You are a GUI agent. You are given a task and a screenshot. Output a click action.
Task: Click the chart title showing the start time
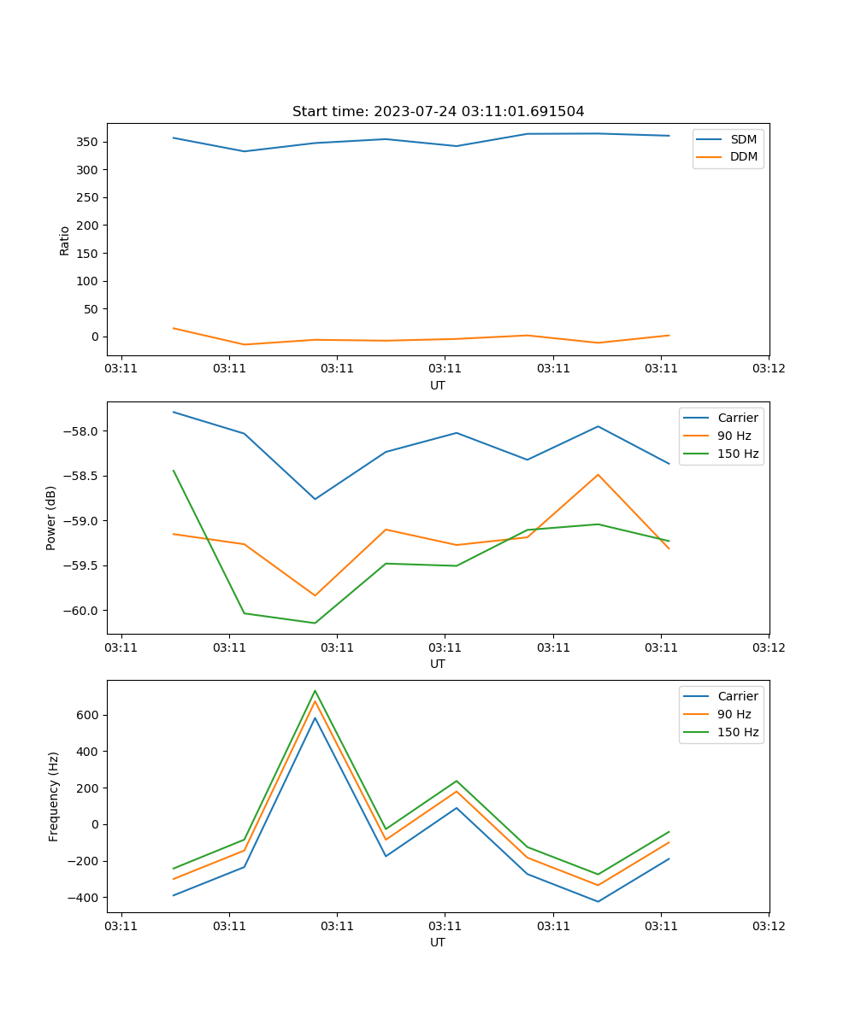click(x=438, y=112)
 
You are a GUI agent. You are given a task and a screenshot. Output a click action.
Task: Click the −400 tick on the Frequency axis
click(x=83, y=898)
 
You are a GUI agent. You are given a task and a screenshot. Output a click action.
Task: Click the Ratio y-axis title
click(x=65, y=240)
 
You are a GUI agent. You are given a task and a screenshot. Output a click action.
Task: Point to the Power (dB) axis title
click(x=51, y=518)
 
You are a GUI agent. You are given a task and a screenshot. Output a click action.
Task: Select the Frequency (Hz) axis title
click(x=53, y=796)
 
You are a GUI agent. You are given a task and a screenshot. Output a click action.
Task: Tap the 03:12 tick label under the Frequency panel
click(x=768, y=926)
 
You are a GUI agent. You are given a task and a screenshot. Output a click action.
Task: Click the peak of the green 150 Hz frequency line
click(x=315, y=690)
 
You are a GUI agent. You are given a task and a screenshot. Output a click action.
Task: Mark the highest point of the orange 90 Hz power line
click(x=598, y=474)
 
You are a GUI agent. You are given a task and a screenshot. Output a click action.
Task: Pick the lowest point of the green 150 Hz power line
click(x=315, y=623)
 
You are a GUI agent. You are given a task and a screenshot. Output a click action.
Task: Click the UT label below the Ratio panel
click(x=438, y=385)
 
